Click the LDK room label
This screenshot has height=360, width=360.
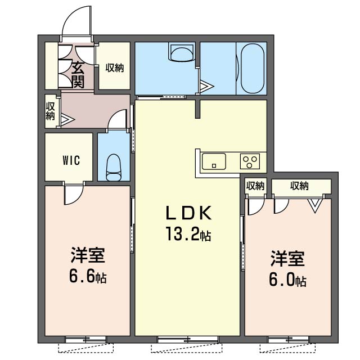[x=188, y=213]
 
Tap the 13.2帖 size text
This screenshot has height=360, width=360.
[x=188, y=234]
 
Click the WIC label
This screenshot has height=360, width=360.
[x=71, y=160]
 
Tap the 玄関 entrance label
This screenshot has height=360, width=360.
[x=78, y=75]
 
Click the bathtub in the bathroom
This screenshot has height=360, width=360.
[x=253, y=68]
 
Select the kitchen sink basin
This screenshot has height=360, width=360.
[x=214, y=161]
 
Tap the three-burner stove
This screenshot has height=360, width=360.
[x=250, y=161]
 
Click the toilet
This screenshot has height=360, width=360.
[x=114, y=168]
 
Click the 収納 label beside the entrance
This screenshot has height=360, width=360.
[x=115, y=67]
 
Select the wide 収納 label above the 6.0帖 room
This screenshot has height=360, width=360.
[x=299, y=186]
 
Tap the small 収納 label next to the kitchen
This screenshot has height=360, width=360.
[x=255, y=186]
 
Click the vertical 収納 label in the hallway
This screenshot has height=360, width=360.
[x=50, y=111]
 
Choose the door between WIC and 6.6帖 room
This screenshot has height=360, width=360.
[x=74, y=195]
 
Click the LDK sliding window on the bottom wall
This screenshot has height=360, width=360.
[x=188, y=339]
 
